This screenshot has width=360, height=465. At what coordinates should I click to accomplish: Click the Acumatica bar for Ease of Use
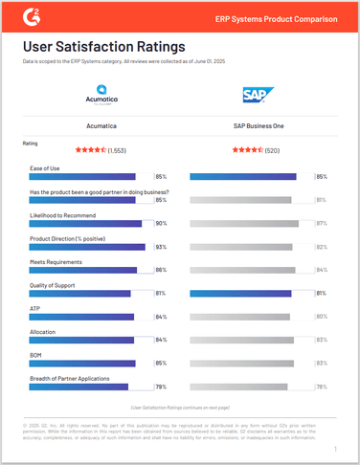(x=83, y=177)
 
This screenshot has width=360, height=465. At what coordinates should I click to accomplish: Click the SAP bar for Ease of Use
(x=243, y=177)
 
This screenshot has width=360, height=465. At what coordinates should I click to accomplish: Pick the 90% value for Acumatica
(x=161, y=223)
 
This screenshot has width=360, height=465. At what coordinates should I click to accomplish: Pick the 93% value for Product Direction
(x=161, y=247)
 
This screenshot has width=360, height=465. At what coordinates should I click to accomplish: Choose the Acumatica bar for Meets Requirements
(x=83, y=270)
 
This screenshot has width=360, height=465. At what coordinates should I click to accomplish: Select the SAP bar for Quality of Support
(x=243, y=293)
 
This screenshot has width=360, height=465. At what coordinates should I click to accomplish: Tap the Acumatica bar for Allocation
(x=83, y=340)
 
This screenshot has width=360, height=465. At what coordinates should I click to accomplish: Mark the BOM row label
(x=36, y=354)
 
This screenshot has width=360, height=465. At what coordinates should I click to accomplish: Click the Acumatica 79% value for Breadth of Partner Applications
(x=161, y=387)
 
